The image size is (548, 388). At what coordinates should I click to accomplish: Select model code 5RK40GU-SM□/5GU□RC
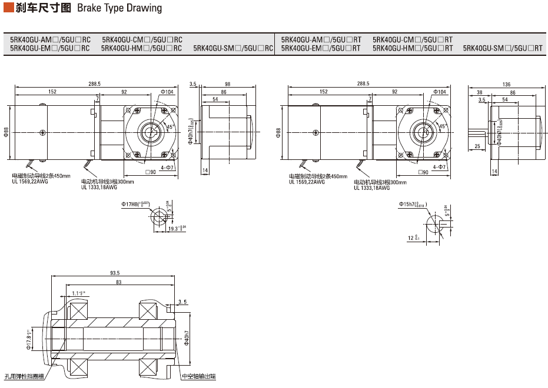(x=233, y=48)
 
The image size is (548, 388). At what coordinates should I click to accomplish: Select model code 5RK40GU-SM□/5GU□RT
(x=503, y=48)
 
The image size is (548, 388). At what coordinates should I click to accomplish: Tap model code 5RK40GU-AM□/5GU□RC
(x=50, y=39)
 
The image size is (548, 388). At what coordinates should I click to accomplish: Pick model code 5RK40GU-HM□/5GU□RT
(x=413, y=48)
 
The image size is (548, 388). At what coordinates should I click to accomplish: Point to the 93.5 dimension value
(x=115, y=273)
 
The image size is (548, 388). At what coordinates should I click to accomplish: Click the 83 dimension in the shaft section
(x=118, y=283)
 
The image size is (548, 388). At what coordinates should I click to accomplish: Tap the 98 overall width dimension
(x=228, y=84)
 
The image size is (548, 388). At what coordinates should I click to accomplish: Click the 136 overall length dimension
(x=506, y=84)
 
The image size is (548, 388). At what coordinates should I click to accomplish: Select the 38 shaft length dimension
(x=480, y=92)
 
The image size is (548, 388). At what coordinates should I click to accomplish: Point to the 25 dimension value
(x=477, y=146)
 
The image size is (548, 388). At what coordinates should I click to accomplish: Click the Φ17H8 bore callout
(x=135, y=204)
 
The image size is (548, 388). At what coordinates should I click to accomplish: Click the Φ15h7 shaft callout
(x=413, y=204)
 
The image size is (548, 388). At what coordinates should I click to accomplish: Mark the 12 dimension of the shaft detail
(x=412, y=238)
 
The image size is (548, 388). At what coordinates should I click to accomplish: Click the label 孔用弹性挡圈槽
(x=23, y=377)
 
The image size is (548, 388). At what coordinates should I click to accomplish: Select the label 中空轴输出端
(x=198, y=377)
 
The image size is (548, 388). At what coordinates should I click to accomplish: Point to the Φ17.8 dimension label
(x=28, y=340)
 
